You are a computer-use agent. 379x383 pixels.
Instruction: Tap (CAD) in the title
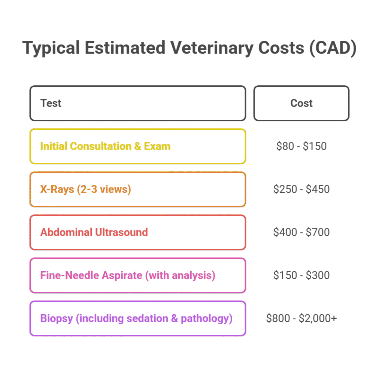(x=333, y=48)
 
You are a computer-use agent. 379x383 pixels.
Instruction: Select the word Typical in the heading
(x=51, y=48)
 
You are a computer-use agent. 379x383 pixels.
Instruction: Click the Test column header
(x=51, y=103)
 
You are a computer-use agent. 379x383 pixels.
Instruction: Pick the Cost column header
(x=301, y=103)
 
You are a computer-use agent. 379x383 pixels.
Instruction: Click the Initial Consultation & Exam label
(x=105, y=146)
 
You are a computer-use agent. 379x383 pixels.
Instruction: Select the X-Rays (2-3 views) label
(x=86, y=189)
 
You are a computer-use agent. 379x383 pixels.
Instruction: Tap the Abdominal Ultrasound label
(x=94, y=232)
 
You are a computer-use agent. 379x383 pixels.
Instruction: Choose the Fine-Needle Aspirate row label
(x=128, y=275)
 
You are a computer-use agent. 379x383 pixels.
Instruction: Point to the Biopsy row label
(x=136, y=319)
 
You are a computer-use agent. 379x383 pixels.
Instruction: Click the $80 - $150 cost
(x=301, y=146)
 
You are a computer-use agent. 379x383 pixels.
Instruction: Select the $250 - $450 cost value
(x=301, y=189)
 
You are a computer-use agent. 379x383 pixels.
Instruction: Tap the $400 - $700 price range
(x=301, y=232)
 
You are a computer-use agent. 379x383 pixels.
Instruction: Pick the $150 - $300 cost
(x=301, y=275)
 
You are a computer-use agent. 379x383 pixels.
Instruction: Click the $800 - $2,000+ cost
(x=301, y=319)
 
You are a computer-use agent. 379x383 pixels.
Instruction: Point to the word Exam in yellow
(x=157, y=146)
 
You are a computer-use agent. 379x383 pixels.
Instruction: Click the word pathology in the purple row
(x=207, y=319)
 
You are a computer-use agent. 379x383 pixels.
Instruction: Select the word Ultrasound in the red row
(x=121, y=232)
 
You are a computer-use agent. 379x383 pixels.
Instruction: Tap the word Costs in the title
(x=281, y=48)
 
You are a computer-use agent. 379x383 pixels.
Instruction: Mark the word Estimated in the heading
(x=125, y=48)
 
